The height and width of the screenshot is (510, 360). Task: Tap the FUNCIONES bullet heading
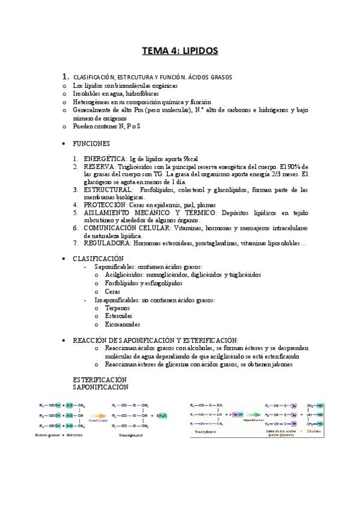point(91,144)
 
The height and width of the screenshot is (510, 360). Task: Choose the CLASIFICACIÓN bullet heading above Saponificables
point(98,258)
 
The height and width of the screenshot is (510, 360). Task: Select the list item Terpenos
point(118,307)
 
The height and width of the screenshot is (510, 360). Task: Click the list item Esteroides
point(119,316)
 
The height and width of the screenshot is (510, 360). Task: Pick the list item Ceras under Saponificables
point(113,291)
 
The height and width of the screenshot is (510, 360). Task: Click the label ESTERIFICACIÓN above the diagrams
point(100,380)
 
